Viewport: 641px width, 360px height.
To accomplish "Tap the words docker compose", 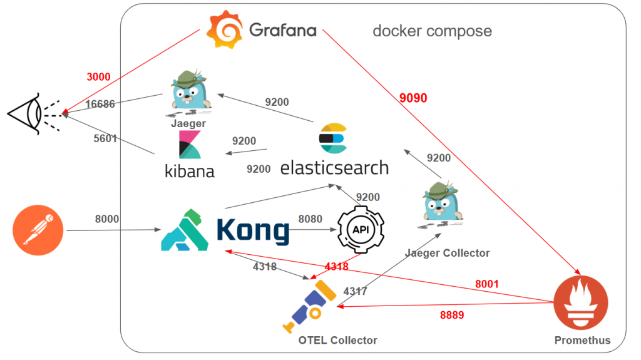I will pos(432,31).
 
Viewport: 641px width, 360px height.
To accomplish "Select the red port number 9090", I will pos(413,98).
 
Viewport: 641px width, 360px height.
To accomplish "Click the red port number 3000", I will pos(98,77).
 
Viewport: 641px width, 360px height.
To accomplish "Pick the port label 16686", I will pos(100,104).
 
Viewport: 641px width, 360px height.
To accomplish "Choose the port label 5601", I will pos(105,138).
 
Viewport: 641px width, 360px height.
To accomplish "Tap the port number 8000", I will pos(106,219).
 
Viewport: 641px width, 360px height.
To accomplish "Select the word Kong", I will pos(253,230).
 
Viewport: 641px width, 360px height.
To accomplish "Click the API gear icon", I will pos(361,230).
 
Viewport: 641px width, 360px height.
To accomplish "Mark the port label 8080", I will pos(310,219).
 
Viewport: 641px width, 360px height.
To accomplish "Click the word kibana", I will pos(189,170).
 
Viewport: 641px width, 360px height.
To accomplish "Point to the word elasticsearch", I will pos(334,167).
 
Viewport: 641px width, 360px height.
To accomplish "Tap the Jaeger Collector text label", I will pos(447,253).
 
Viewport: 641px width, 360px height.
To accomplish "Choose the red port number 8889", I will pos(451,315).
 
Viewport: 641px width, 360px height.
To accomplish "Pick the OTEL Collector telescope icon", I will pos(309,305).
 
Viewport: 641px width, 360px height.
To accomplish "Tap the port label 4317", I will pos(355,291).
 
